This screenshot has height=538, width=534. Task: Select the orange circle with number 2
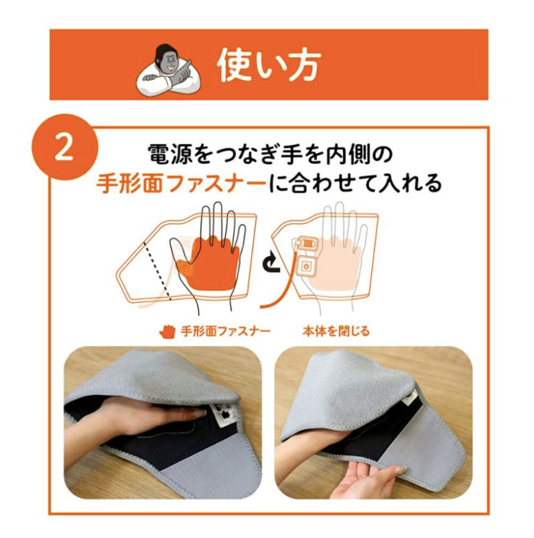(65, 147)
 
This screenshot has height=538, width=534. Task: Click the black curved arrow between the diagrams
(272, 262)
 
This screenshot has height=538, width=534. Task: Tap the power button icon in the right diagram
(306, 265)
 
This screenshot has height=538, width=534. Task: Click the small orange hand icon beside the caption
(168, 332)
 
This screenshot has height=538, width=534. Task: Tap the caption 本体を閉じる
(336, 332)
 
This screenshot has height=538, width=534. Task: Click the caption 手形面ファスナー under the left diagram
(225, 332)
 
